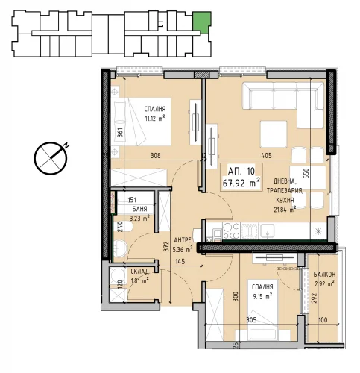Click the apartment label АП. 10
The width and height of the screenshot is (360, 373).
click(x=241, y=171)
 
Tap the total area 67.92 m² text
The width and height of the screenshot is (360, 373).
click(x=241, y=184)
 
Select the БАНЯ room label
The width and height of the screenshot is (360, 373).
click(x=139, y=209)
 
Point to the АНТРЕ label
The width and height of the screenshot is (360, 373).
click(x=183, y=240)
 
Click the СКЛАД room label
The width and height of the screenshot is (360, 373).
click(x=140, y=272)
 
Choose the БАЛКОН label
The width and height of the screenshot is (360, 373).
click(x=324, y=275)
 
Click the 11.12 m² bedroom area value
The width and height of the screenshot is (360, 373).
click(x=155, y=119)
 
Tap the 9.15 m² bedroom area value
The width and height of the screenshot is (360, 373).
click(x=262, y=296)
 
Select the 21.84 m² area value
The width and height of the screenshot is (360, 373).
click(x=285, y=210)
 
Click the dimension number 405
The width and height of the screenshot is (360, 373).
click(x=266, y=156)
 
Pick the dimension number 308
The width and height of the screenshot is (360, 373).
click(x=156, y=156)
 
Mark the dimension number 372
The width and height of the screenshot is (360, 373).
click(x=166, y=248)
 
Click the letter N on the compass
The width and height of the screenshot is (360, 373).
click(x=66, y=145)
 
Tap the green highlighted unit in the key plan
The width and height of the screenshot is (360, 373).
click(x=202, y=22)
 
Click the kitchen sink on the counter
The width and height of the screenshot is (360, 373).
click(x=268, y=231)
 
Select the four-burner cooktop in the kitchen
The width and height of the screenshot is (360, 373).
click(x=231, y=231)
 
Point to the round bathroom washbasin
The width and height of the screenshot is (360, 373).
click(x=120, y=248)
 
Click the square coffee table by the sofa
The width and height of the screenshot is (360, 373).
click(x=274, y=134)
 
